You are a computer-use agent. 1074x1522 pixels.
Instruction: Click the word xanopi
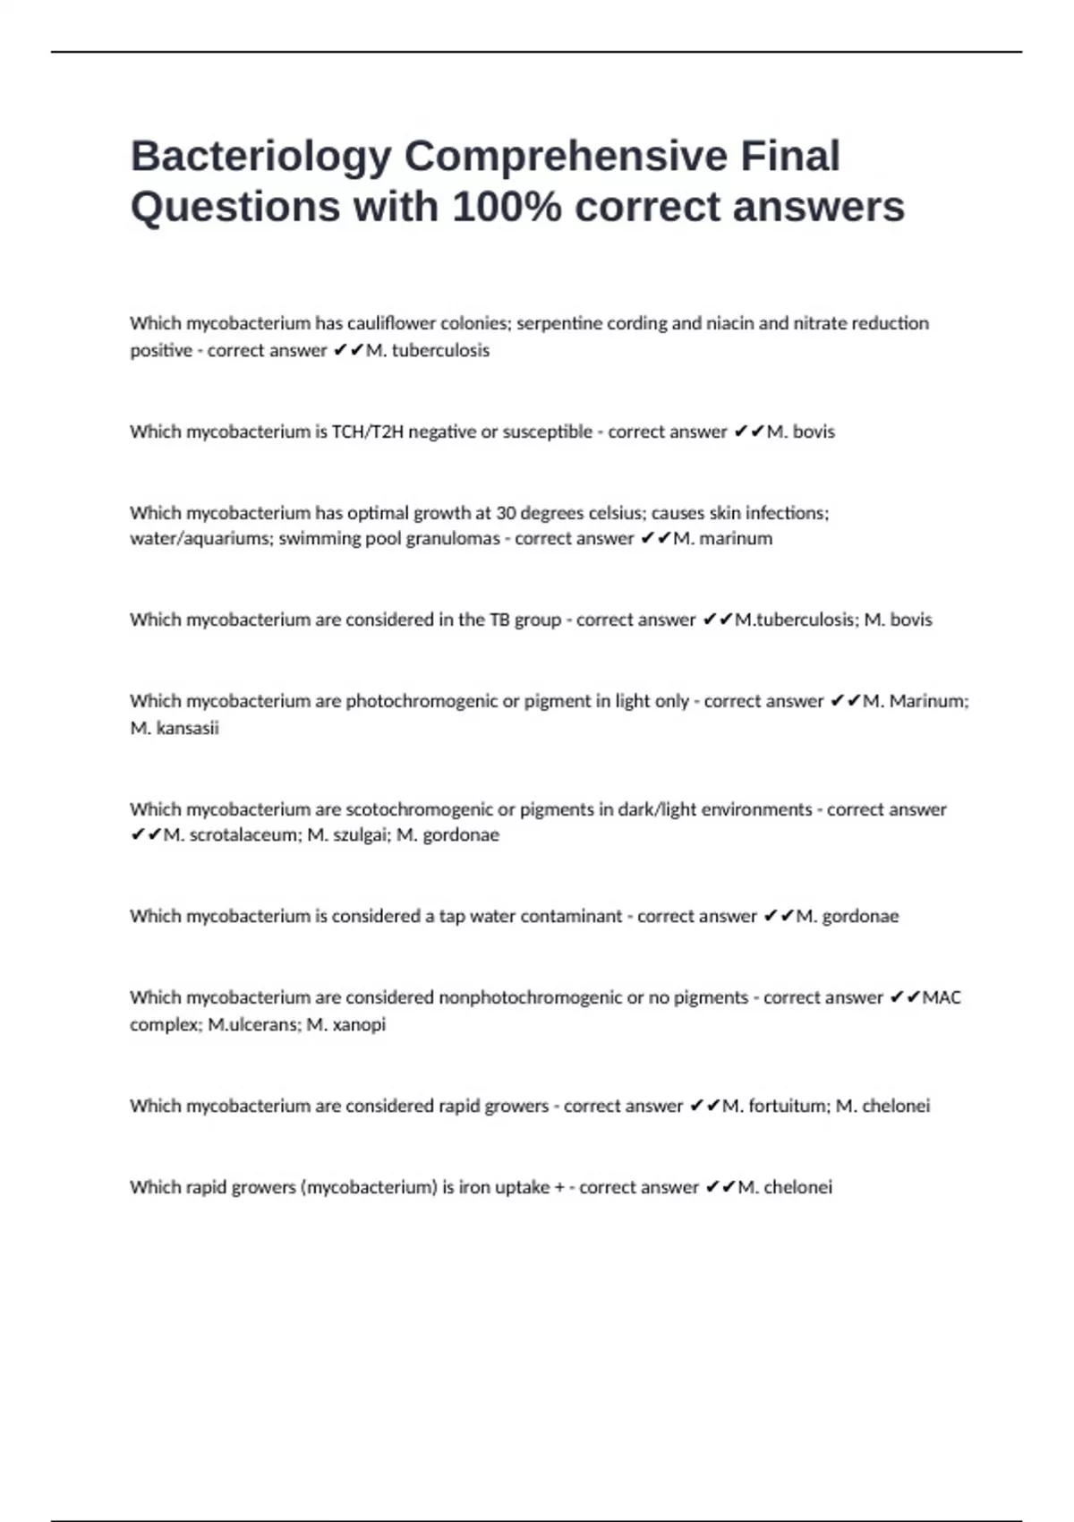tap(359, 1024)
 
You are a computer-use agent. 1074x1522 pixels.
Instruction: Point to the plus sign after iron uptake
tap(559, 1187)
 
